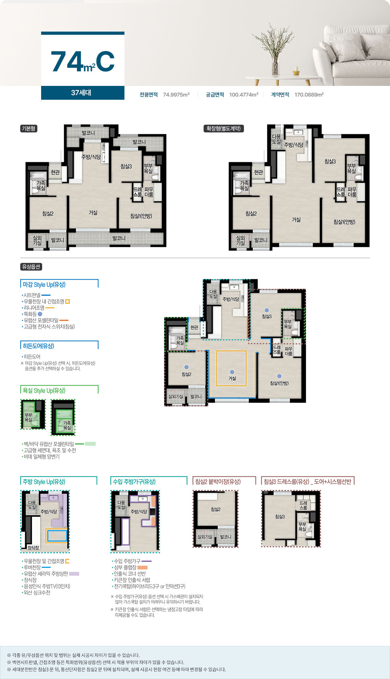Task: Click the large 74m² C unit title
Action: (x=83, y=61)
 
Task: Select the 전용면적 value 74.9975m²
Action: (x=176, y=95)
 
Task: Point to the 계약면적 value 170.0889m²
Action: (x=309, y=95)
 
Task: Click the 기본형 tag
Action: (x=29, y=128)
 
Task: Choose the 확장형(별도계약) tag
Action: (x=224, y=128)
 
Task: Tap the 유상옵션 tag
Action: (x=31, y=267)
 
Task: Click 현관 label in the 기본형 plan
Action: (x=55, y=172)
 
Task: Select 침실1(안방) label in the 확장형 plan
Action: (x=344, y=222)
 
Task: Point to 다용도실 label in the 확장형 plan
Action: (x=277, y=139)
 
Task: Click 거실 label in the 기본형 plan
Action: (x=93, y=212)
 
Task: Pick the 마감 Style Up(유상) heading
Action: (x=44, y=285)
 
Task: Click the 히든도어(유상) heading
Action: (x=39, y=346)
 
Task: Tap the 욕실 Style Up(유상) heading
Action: (x=44, y=390)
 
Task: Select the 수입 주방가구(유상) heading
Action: (x=134, y=482)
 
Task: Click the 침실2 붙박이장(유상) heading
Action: (x=218, y=482)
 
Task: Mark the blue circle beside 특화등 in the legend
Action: (x=40, y=314)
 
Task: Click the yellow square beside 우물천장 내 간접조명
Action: (x=67, y=302)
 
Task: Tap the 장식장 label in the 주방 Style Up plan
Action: (x=33, y=548)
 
